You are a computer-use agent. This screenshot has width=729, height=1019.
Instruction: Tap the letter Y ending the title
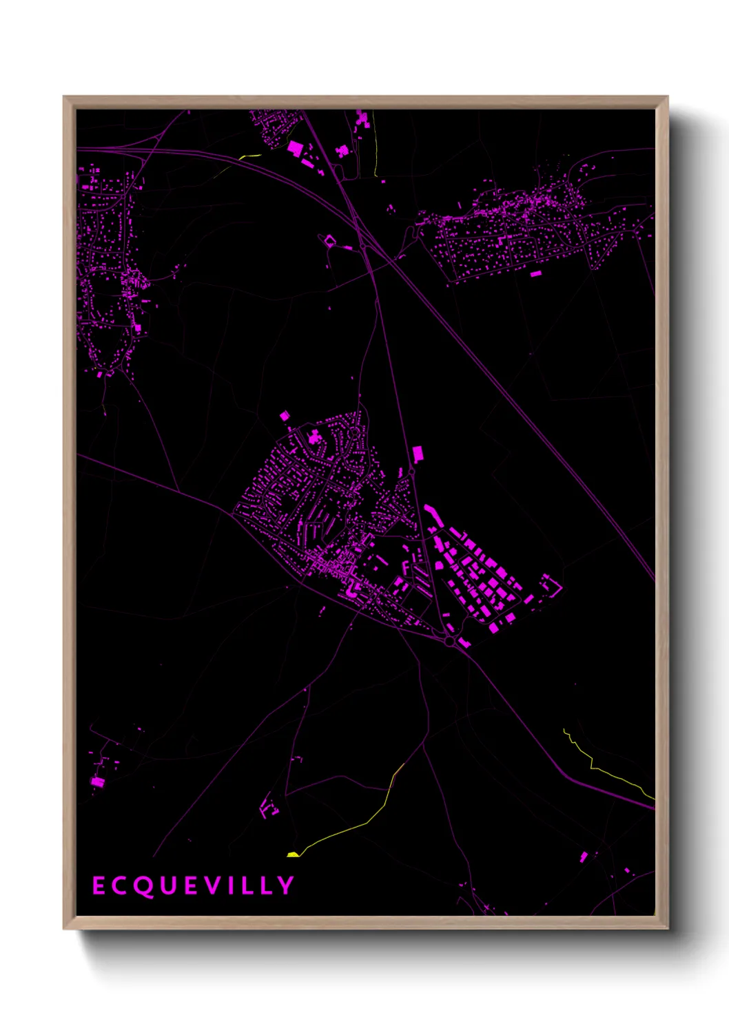[x=286, y=885]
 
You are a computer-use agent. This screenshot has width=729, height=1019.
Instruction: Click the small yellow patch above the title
[x=293, y=854]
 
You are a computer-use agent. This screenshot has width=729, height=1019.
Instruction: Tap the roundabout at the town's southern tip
[x=449, y=641]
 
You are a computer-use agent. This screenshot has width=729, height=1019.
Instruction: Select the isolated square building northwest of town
[x=284, y=416]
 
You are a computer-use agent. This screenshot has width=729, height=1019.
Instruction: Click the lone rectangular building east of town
[x=417, y=454]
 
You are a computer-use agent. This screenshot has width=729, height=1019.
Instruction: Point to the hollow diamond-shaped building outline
[x=329, y=241]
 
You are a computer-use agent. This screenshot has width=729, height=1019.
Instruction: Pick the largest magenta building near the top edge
[x=295, y=148]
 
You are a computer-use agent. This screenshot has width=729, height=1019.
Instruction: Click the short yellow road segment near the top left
[x=249, y=156]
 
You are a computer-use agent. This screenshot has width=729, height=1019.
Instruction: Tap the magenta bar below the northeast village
[x=535, y=273]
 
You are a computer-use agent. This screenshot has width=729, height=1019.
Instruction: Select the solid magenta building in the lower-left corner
[x=97, y=781]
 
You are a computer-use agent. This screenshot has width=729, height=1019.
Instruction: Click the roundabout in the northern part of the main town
[x=354, y=434]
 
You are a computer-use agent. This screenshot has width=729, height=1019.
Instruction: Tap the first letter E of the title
[x=99, y=885]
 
